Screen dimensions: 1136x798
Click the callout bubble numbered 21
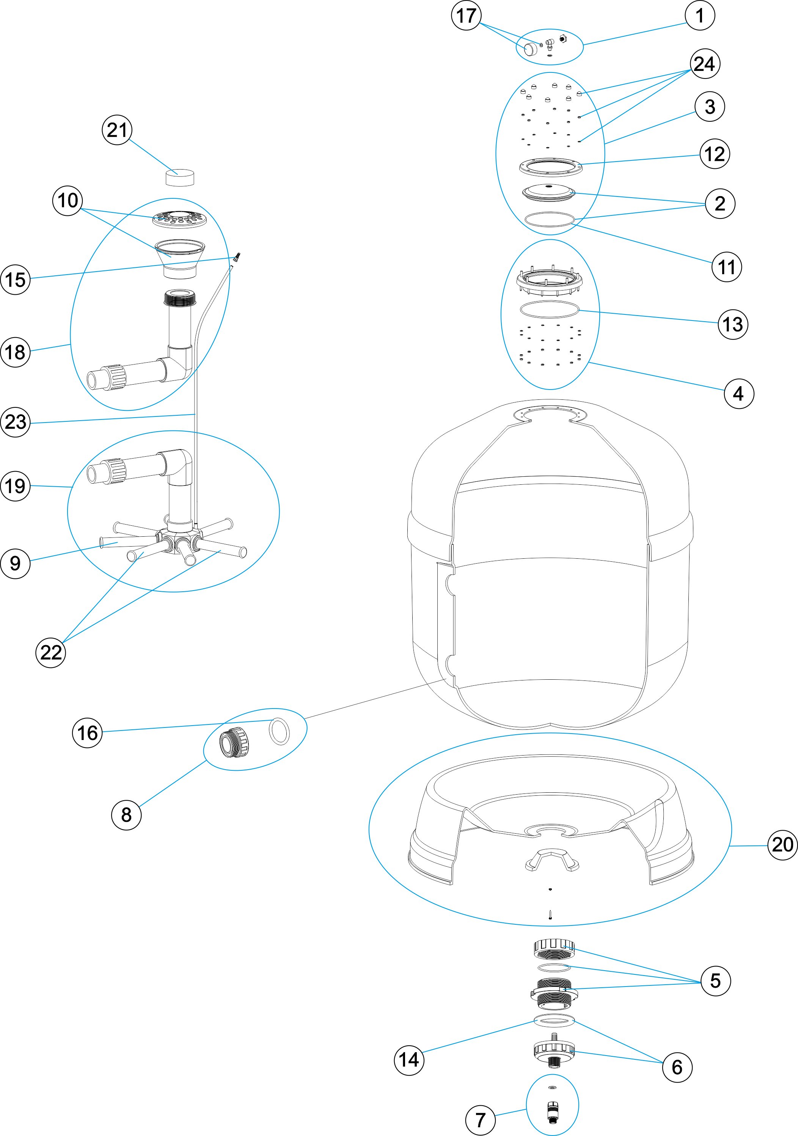coord(117,130)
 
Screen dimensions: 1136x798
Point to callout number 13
coord(733,325)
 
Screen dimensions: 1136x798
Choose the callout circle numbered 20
coord(782,845)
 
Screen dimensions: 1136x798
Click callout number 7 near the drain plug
coord(481,1120)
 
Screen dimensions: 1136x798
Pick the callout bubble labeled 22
coord(50,653)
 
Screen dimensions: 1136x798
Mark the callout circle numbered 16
coord(88,733)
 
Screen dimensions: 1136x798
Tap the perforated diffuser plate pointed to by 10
coord(179,218)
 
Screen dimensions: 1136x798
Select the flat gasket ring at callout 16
coord(280,731)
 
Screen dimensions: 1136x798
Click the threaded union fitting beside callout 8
coord(234,742)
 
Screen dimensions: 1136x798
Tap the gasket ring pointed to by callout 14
coord(554,1020)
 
